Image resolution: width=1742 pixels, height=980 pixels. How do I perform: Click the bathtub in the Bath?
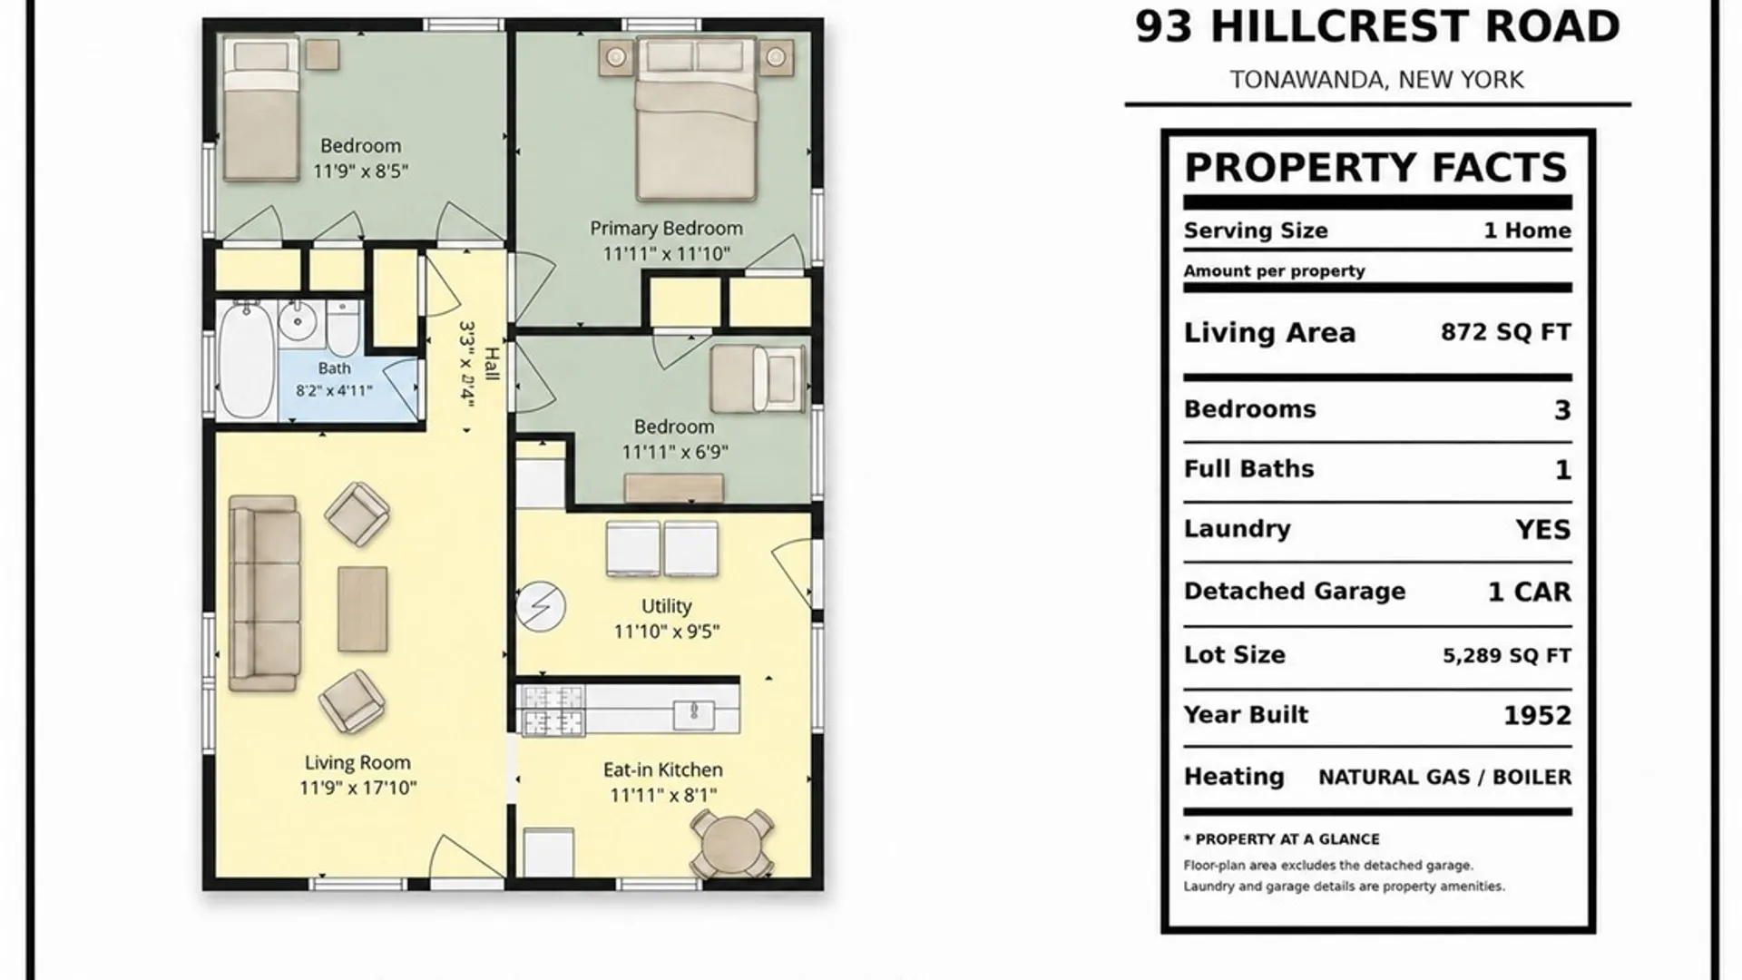(x=247, y=360)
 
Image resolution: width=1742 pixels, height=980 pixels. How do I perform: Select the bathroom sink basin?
(x=297, y=320)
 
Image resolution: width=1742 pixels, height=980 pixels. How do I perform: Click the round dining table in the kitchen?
(x=732, y=844)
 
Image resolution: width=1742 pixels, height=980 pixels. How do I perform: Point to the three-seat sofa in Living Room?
(x=264, y=593)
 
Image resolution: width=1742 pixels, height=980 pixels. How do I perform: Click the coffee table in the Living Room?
(x=363, y=609)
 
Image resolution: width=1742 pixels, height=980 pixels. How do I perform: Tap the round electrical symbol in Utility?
(x=541, y=606)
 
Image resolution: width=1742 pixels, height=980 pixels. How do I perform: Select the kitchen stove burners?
(x=551, y=710)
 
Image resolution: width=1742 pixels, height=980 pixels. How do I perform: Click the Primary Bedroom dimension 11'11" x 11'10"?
(x=667, y=254)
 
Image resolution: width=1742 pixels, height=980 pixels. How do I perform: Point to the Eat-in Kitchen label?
(x=663, y=769)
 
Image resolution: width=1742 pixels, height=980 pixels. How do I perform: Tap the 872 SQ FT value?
(x=1506, y=332)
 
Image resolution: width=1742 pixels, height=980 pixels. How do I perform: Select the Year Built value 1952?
(x=1537, y=715)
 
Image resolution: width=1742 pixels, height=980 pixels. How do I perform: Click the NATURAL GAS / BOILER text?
(x=1445, y=778)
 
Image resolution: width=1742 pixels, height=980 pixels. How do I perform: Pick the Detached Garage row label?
(x=1295, y=592)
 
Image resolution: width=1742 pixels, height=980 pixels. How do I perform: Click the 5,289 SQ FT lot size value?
(x=1507, y=655)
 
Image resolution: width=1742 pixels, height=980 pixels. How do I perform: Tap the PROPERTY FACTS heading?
(x=1376, y=168)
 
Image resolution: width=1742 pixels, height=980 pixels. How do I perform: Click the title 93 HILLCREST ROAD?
(x=1377, y=27)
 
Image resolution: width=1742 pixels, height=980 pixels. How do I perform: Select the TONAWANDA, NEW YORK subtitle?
(x=1377, y=80)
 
